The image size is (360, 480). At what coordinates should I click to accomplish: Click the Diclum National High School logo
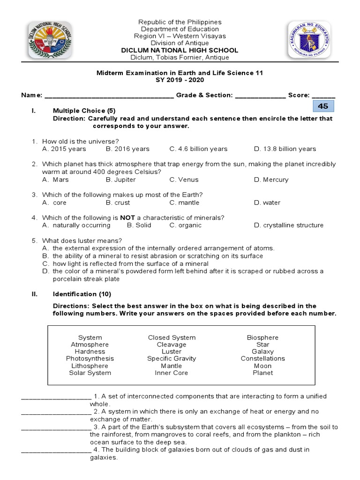click(49, 40)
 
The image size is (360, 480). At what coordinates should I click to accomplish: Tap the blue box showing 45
click(323, 106)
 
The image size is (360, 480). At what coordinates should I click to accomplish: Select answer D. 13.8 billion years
click(285, 149)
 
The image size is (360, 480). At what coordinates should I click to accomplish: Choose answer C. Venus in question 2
click(184, 180)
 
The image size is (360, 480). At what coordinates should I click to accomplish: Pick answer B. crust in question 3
click(118, 202)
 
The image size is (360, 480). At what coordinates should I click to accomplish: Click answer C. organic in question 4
click(186, 225)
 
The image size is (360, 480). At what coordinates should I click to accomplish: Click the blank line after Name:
click(109, 96)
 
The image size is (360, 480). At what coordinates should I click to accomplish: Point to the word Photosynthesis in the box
click(90, 359)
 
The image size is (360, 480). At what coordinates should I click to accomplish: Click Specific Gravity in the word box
click(172, 359)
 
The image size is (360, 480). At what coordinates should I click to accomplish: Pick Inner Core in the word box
click(172, 373)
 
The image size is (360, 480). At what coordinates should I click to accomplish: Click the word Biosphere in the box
click(262, 337)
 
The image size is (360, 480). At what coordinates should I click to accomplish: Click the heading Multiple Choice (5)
click(84, 111)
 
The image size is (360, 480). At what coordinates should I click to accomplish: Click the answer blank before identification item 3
click(56, 427)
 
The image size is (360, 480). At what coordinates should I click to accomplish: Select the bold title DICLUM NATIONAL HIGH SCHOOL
click(180, 50)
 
